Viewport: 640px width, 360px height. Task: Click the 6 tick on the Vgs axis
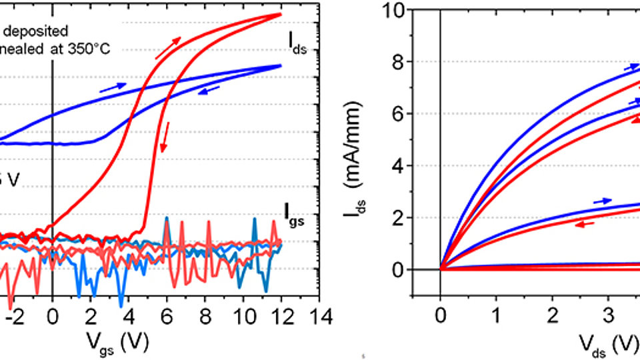pos(167,315)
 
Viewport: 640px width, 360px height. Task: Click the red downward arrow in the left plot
pos(166,131)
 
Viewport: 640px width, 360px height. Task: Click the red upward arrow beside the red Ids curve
pos(168,48)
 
